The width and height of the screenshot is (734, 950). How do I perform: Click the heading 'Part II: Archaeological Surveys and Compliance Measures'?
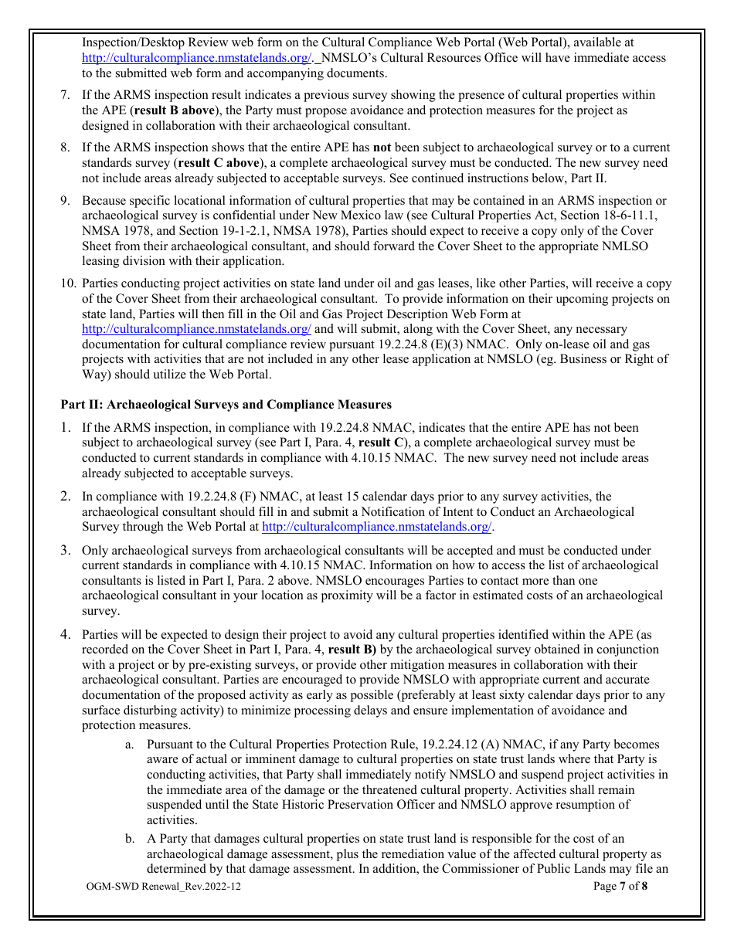point(226,405)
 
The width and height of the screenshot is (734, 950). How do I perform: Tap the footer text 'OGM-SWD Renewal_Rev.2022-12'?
point(164,887)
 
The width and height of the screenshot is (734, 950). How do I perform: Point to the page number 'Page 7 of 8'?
point(620,887)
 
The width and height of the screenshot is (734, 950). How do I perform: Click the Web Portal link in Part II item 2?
point(376,528)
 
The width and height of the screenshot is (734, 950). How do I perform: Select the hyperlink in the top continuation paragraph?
point(196,58)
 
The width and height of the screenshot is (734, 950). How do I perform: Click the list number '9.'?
point(66,201)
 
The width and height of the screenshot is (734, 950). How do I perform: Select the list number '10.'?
point(68,283)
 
